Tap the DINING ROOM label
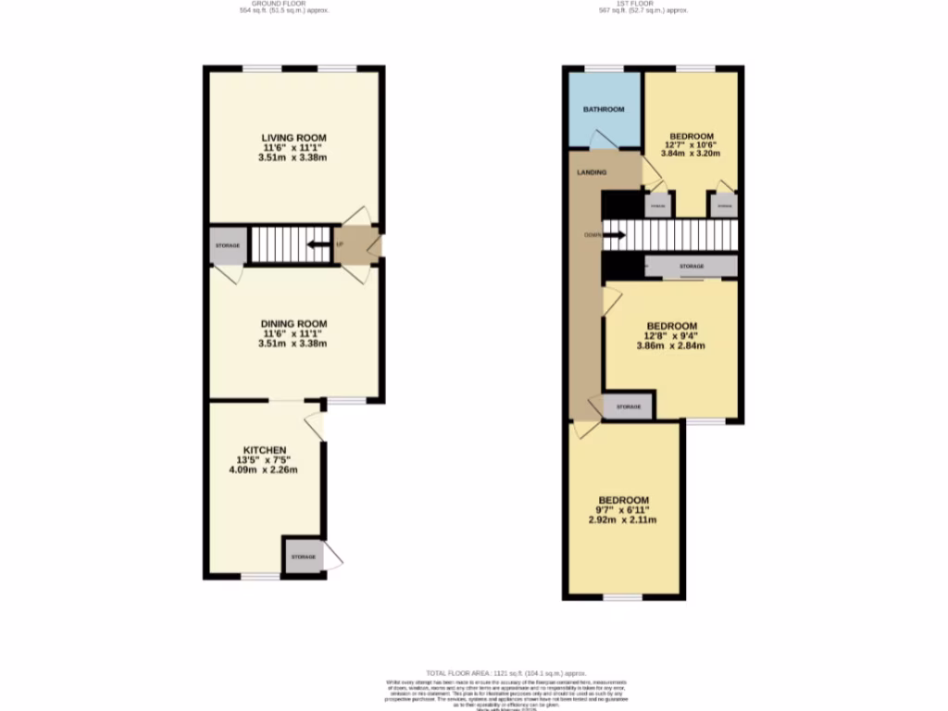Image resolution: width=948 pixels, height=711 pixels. click(x=293, y=323)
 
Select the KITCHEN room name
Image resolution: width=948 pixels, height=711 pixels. click(x=266, y=449)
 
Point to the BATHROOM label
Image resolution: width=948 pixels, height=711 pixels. click(x=603, y=109)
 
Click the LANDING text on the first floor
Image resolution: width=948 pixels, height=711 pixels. click(x=592, y=172)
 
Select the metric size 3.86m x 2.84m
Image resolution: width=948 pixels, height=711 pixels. click(x=671, y=346)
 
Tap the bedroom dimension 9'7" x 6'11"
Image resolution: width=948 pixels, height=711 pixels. click(x=621, y=510)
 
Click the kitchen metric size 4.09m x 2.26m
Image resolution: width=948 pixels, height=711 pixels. click(x=266, y=469)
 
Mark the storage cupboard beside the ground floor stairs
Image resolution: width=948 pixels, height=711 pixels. click(x=228, y=245)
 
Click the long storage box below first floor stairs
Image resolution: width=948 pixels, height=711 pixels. click(x=691, y=267)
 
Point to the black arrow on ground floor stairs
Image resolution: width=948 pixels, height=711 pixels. click(x=318, y=245)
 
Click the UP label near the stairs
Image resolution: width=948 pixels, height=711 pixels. click(x=340, y=245)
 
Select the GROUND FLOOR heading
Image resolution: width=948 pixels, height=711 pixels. click(x=283, y=4)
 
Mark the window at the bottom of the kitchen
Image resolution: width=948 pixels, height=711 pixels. click(x=260, y=577)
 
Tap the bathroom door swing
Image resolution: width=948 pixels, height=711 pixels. click(x=601, y=139)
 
